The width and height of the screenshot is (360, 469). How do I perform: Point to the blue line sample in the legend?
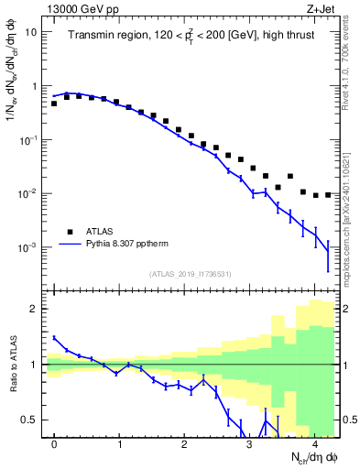68,245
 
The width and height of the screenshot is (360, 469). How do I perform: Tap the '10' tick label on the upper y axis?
30,32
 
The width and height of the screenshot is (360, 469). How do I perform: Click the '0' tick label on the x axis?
55,445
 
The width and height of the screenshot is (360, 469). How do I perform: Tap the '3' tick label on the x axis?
250,445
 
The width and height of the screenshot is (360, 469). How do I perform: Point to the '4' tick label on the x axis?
315,445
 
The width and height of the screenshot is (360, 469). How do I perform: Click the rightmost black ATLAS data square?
328,194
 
